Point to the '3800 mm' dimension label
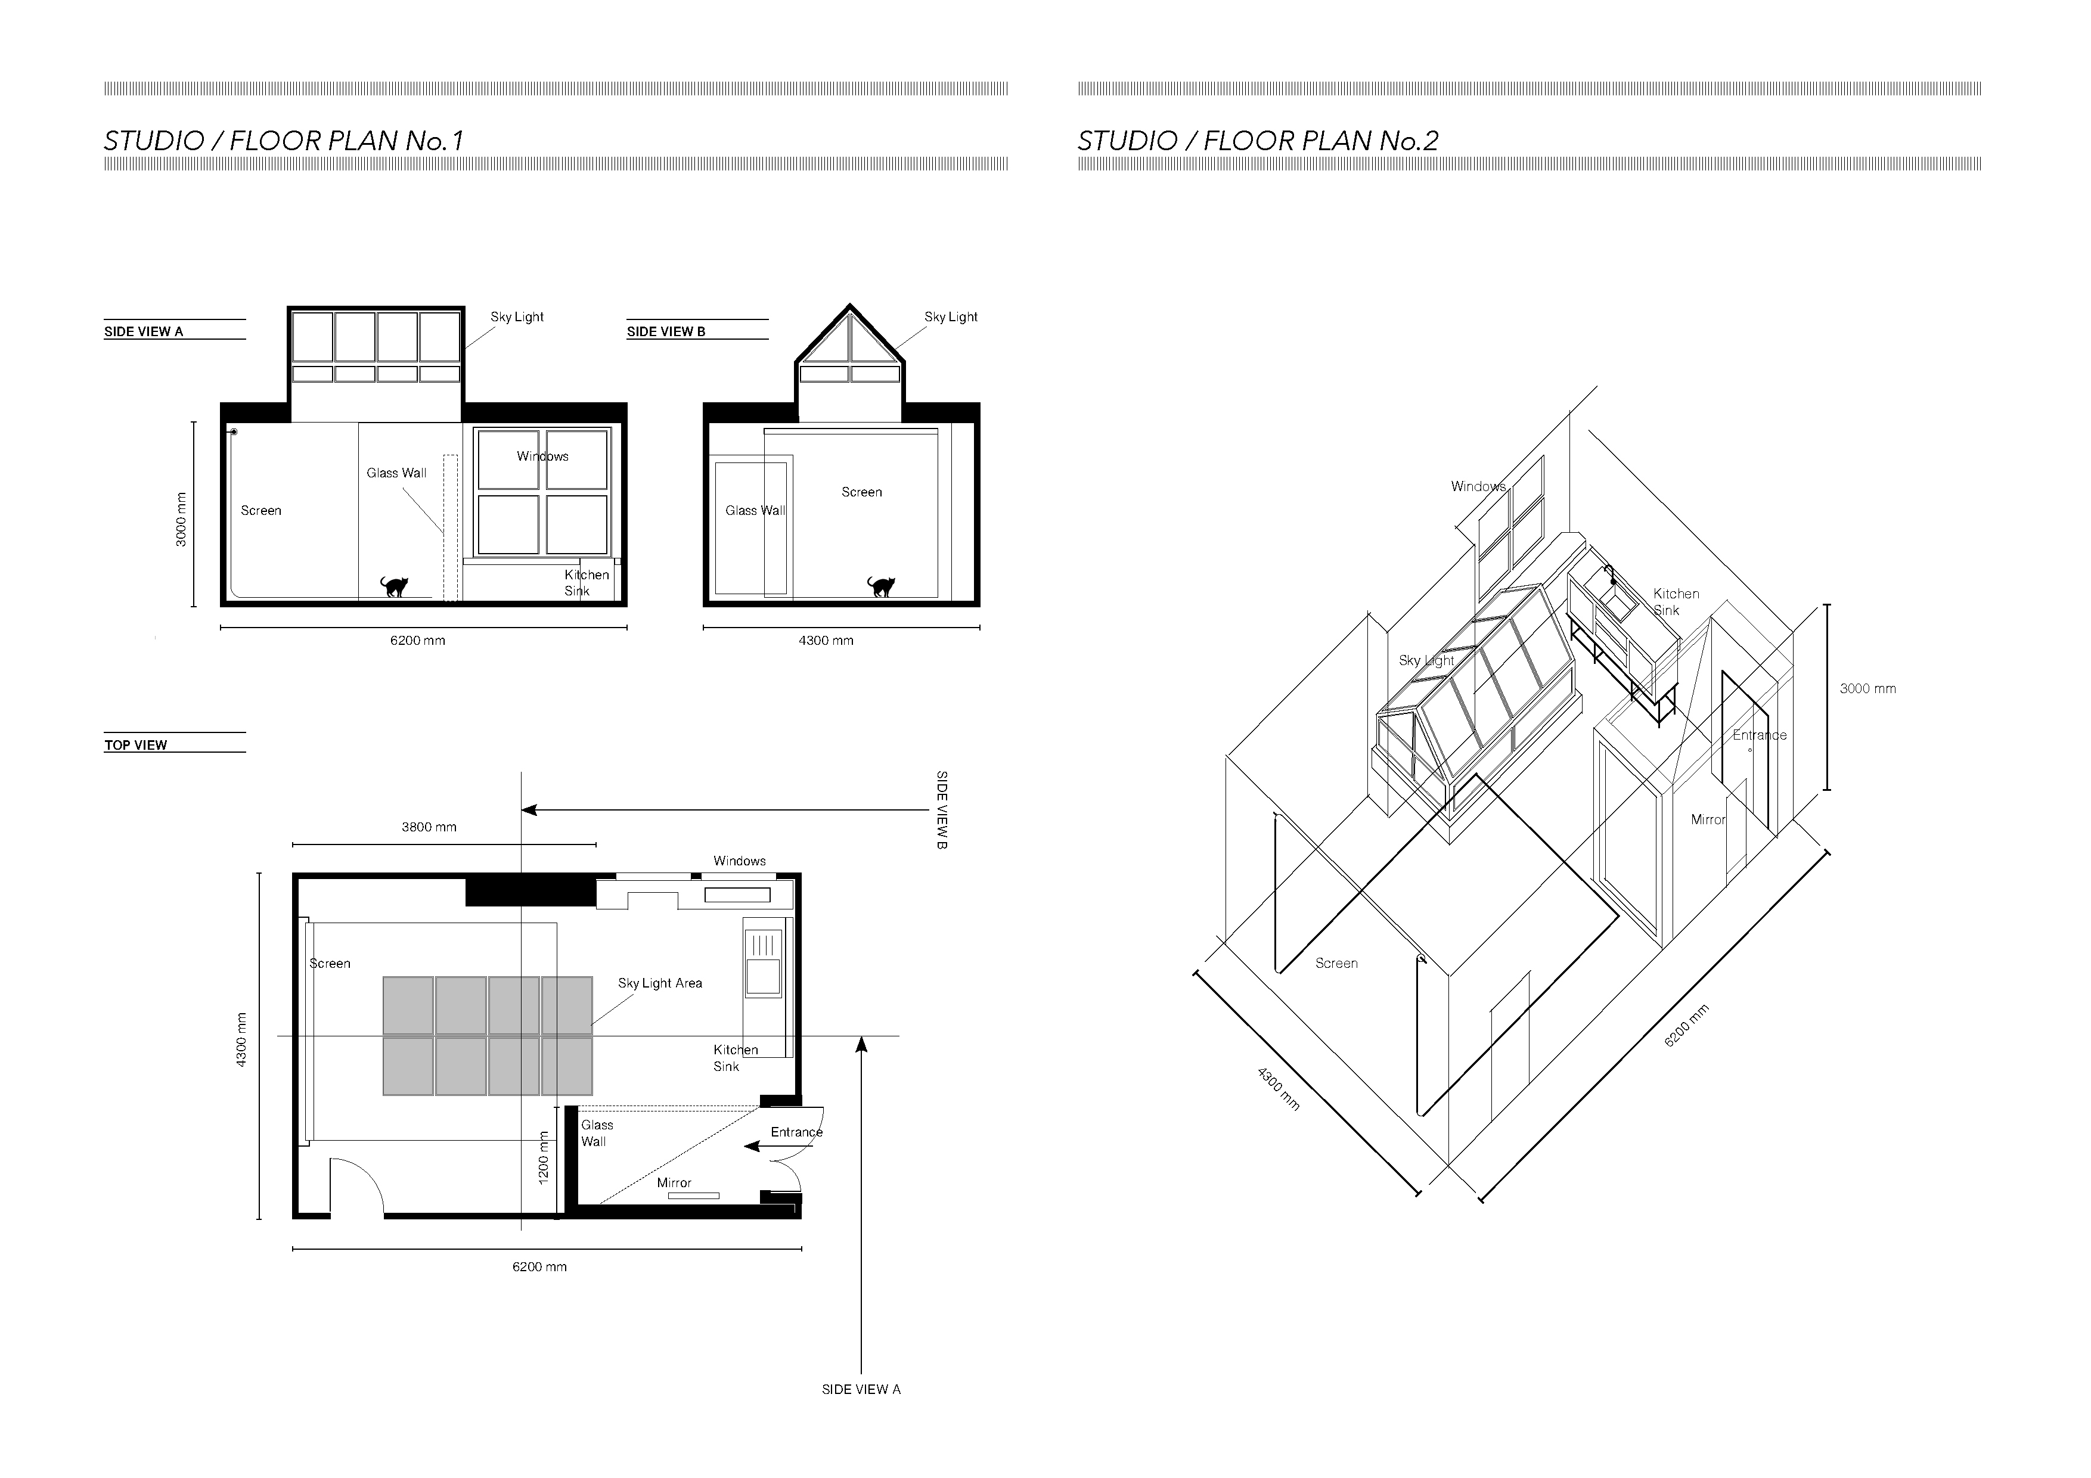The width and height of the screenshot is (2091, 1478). (429, 827)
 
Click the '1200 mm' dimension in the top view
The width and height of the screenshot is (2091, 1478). (544, 1157)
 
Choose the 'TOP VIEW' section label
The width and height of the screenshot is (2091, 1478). (136, 745)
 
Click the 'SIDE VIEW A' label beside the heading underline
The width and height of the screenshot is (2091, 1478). (144, 331)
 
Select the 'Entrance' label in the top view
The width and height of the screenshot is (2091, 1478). (796, 1132)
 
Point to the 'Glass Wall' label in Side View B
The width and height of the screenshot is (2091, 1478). (755, 510)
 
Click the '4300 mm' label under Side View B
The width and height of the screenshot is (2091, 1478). (826, 640)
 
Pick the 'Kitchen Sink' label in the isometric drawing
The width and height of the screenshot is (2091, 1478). (1675, 602)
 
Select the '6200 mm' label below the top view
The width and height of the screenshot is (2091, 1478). (539, 1266)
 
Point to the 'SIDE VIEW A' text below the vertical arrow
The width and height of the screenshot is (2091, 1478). (861, 1389)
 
